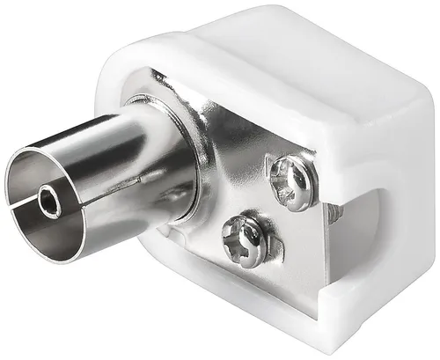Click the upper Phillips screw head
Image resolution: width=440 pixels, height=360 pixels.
click(x=292, y=181)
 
